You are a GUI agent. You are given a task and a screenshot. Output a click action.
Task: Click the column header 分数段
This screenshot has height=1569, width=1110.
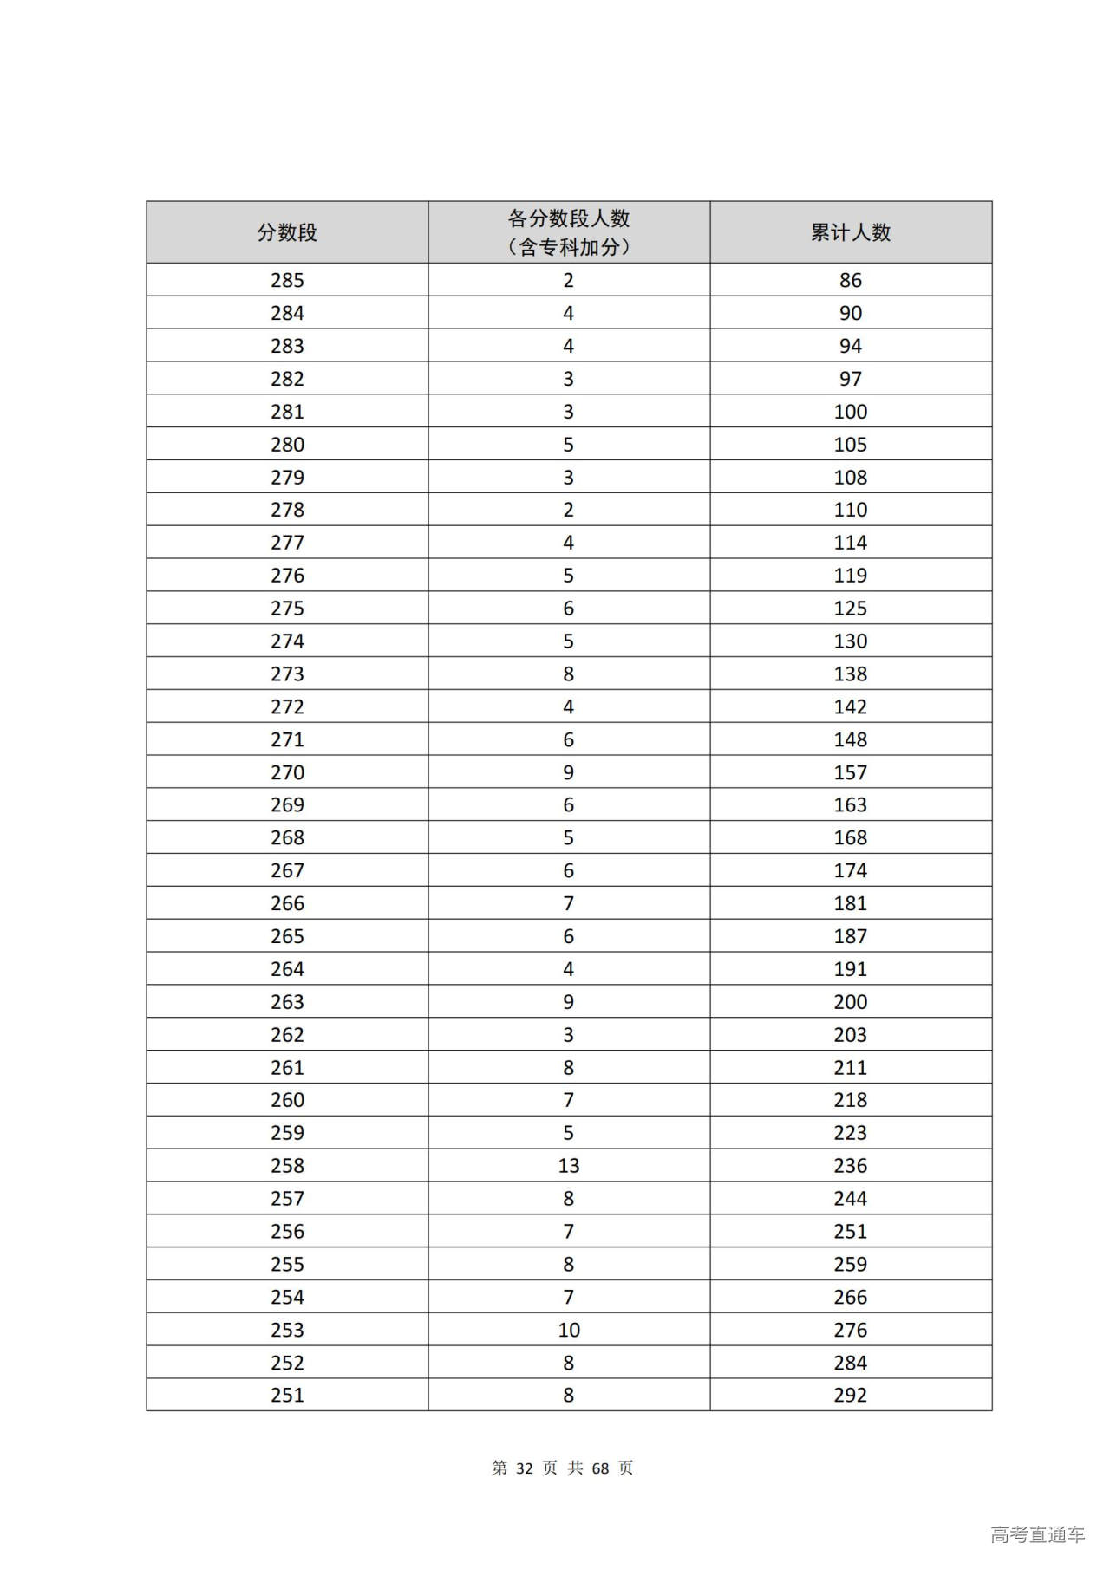pyautogui.click(x=287, y=232)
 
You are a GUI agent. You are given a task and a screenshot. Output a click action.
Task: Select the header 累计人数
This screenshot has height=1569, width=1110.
pyautogui.click(x=850, y=232)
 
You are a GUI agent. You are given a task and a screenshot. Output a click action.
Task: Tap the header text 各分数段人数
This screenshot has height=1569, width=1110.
pyautogui.click(x=568, y=218)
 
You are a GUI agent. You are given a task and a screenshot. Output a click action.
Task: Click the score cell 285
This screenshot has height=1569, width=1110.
pyautogui.click(x=287, y=280)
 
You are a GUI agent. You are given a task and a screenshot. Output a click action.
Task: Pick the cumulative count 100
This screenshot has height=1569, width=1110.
pyautogui.click(x=850, y=412)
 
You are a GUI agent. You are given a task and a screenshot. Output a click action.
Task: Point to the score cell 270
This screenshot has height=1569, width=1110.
pyautogui.click(x=287, y=772)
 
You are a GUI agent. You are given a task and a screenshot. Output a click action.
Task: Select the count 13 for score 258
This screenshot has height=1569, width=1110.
pyautogui.click(x=568, y=1166)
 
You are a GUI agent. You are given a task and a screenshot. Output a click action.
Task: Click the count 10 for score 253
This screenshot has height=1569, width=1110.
pyautogui.click(x=568, y=1330)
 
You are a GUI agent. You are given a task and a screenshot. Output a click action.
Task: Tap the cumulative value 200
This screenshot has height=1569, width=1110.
pyautogui.click(x=850, y=1002)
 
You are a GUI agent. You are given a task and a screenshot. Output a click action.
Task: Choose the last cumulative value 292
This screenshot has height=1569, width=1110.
pyautogui.click(x=850, y=1396)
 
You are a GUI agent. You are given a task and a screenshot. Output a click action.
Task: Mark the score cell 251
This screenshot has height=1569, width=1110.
pyautogui.click(x=287, y=1396)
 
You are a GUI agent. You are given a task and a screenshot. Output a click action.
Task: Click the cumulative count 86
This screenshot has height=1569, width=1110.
pyautogui.click(x=850, y=280)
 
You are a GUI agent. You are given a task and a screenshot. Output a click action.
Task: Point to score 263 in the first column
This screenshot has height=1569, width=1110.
pyautogui.click(x=287, y=1002)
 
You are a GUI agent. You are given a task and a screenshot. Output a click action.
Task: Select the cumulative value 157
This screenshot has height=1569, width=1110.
pyautogui.click(x=850, y=772)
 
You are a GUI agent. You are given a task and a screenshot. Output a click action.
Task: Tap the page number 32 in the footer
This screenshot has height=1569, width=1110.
pyautogui.click(x=524, y=1468)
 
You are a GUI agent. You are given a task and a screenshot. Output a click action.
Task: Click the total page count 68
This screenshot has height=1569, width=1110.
pyautogui.click(x=600, y=1468)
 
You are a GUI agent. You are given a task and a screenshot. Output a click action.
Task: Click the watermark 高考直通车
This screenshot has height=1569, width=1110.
pyautogui.click(x=1037, y=1534)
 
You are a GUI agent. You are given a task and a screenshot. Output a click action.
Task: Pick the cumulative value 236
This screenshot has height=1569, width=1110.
pyautogui.click(x=850, y=1166)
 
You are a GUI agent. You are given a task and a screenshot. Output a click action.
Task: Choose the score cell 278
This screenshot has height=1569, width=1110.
pyautogui.click(x=287, y=510)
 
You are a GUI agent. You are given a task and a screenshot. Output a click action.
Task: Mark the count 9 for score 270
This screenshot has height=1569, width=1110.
pyautogui.click(x=568, y=772)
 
